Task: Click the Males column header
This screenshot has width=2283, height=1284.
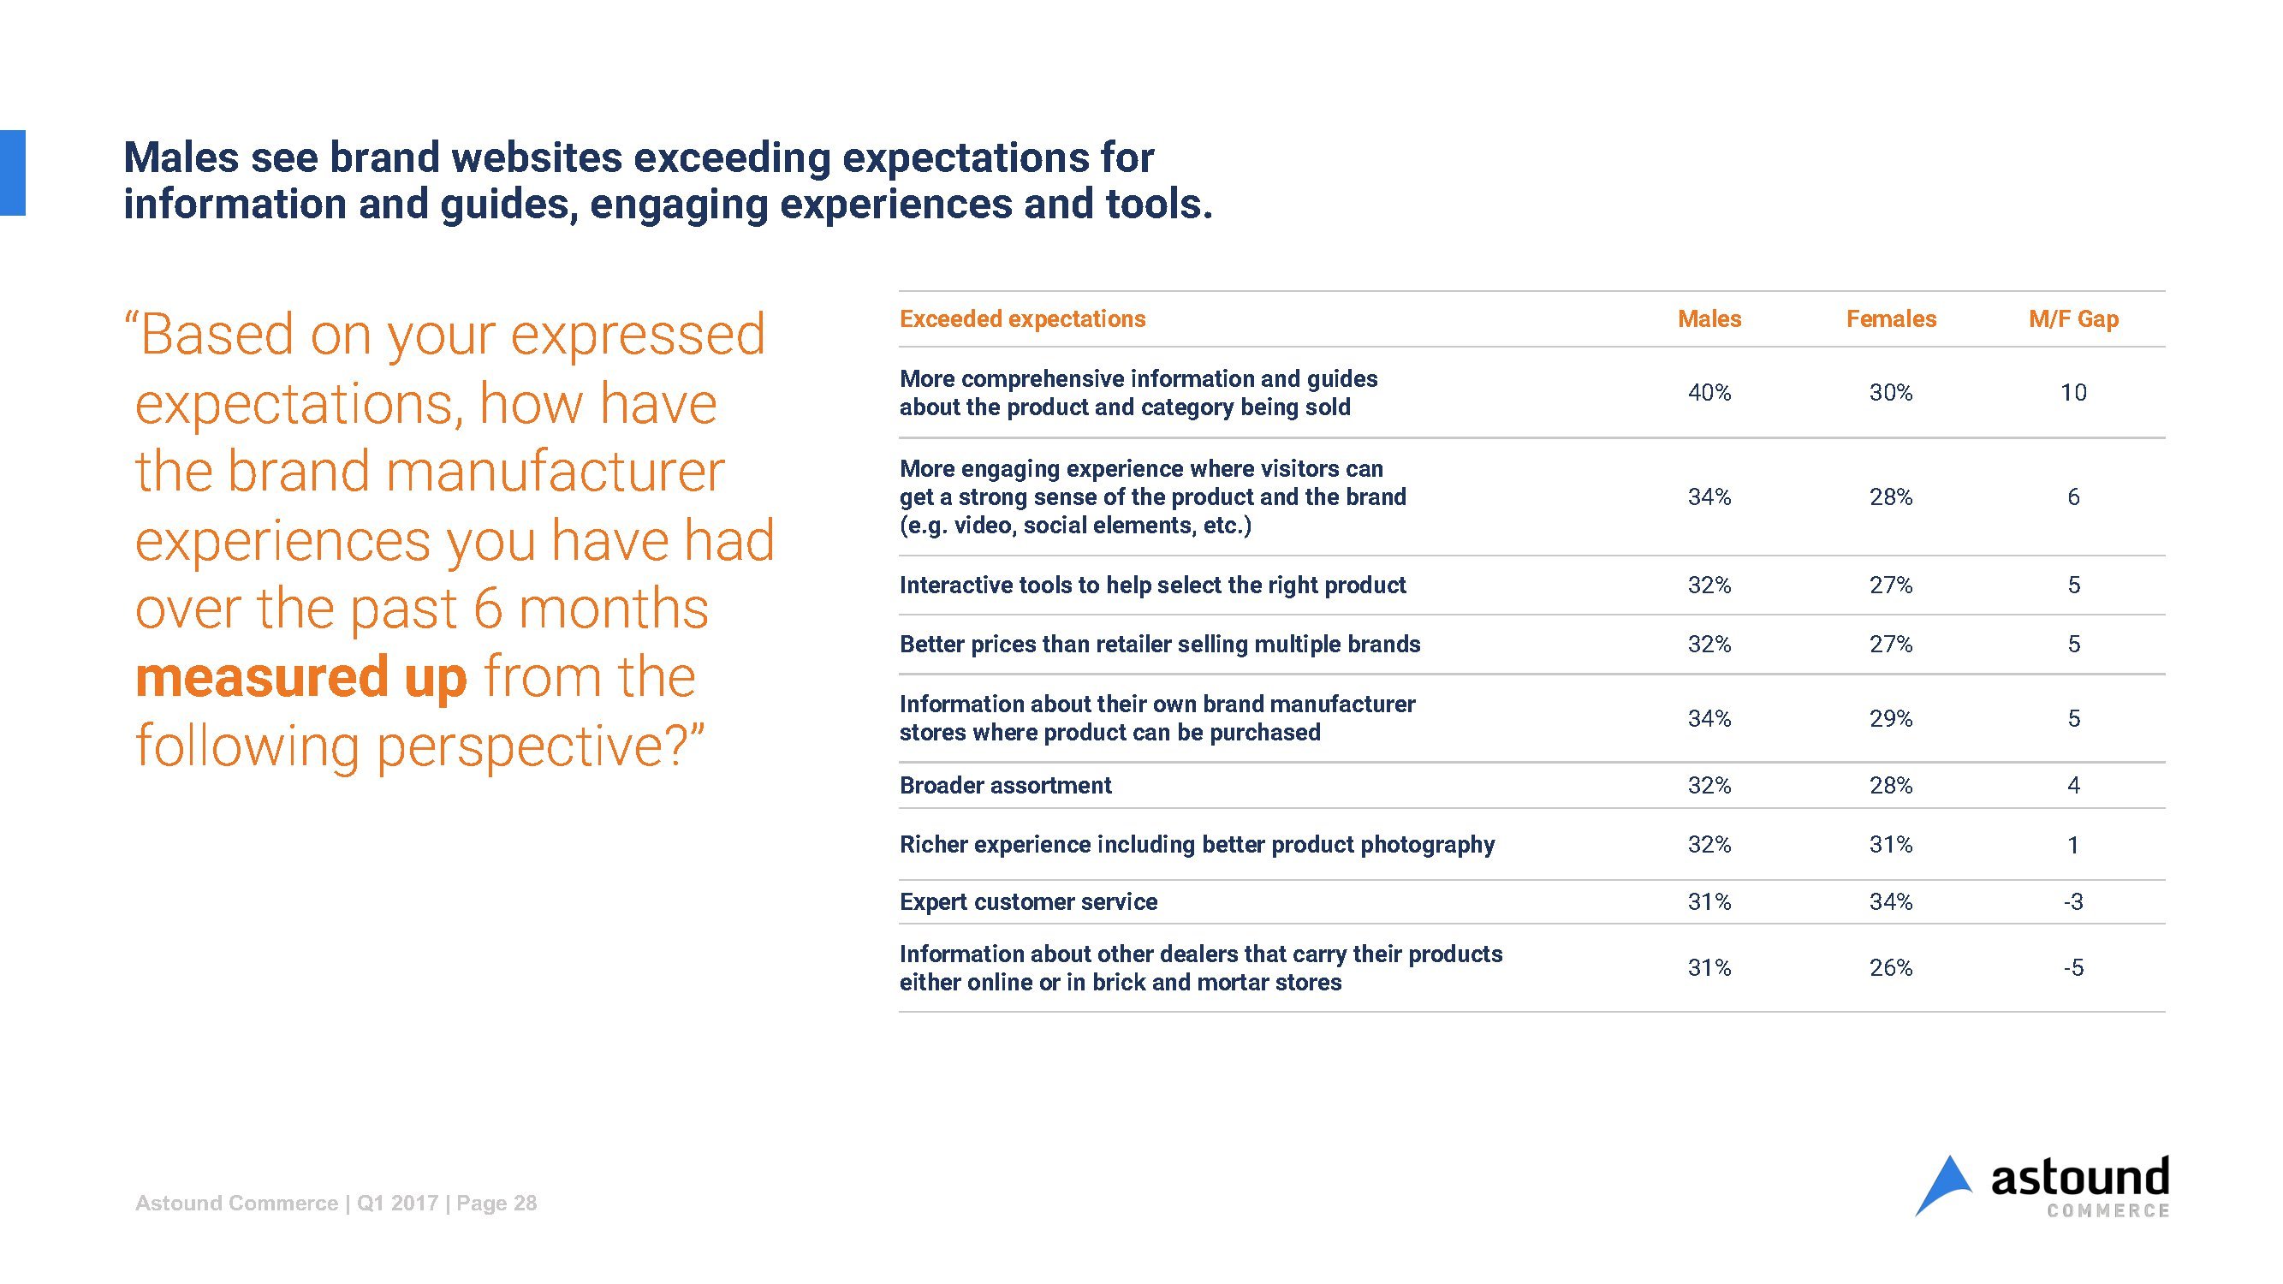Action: pos(1709,319)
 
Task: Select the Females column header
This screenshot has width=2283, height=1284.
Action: pos(1890,319)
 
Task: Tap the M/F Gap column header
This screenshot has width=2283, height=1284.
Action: pos(2073,319)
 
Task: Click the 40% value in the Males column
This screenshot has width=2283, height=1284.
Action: pos(1709,393)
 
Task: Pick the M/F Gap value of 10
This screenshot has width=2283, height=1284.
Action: pos(2073,393)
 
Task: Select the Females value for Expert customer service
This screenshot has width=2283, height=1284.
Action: pos(1890,902)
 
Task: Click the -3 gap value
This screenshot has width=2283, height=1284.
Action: pos(2073,902)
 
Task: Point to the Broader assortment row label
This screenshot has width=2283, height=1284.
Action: pos(1005,786)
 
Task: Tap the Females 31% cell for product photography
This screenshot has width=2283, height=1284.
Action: pos(1890,845)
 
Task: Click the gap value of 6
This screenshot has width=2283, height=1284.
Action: pos(2073,497)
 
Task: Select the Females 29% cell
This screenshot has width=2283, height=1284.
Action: pos(1890,719)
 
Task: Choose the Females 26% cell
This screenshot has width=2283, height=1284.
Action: pos(1890,967)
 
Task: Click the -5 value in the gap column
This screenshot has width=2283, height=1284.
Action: pos(2073,967)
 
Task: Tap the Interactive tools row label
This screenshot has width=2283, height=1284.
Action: pos(1152,586)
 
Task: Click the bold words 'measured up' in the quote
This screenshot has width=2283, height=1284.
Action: pos(300,677)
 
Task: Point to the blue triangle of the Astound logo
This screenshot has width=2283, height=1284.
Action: pos(1945,1186)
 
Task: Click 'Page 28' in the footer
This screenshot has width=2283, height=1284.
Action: pos(496,1204)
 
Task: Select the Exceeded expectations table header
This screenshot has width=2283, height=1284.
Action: pos(1022,319)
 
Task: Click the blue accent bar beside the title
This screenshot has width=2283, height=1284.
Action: pos(12,173)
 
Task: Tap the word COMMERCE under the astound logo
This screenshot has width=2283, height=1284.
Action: pos(2108,1211)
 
